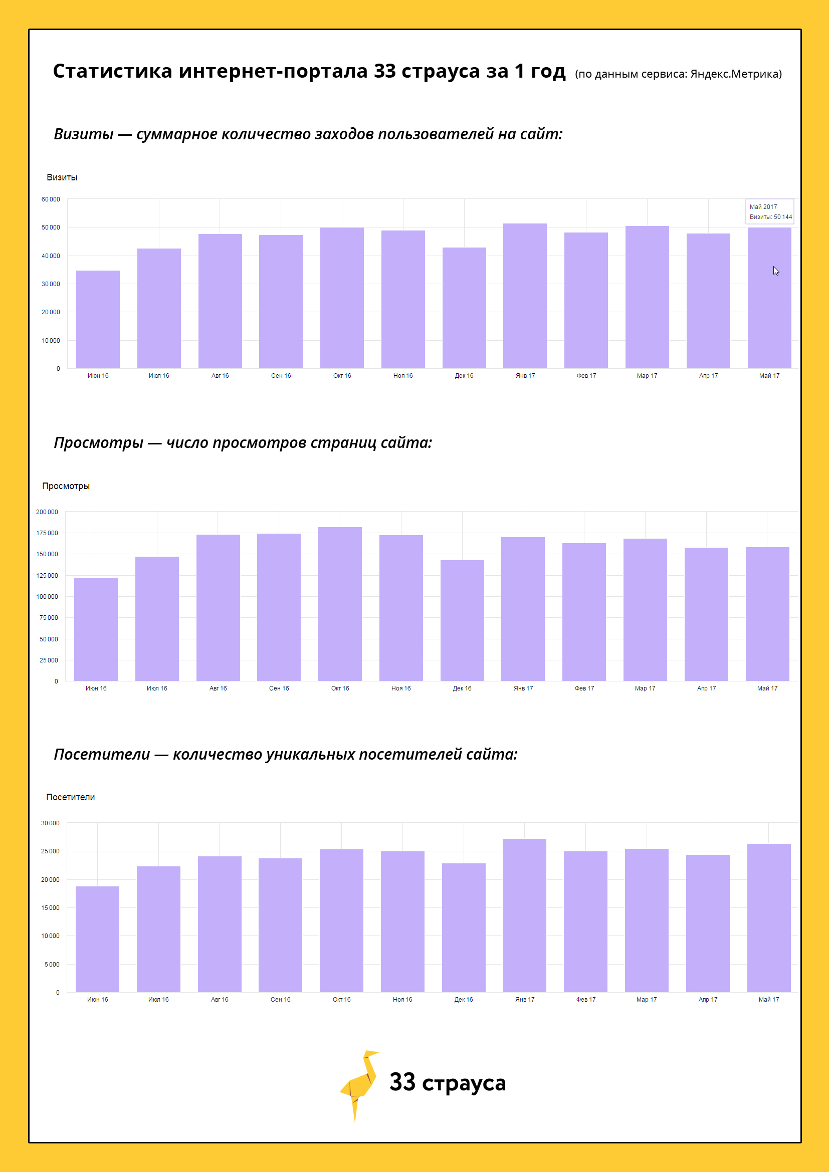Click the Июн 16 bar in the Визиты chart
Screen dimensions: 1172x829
click(98, 320)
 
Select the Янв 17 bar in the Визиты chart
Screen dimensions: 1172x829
click(525, 296)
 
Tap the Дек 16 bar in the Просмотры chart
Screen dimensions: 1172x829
click(462, 621)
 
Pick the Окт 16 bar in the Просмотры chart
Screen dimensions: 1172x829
click(340, 604)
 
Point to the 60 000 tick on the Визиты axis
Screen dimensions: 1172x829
click(51, 199)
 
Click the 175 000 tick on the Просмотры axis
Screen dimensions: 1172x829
click(47, 533)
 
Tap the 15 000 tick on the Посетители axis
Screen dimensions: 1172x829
click(50, 907)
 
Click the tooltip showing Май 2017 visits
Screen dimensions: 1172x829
click(770, 211)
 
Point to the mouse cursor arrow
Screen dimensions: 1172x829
click(775, 271)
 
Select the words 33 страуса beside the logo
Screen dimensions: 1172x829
click(447, 1083)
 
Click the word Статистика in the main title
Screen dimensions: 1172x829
click(113, 71)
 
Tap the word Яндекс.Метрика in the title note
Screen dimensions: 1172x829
click(735, 74)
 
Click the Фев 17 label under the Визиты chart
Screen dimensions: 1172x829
click(586, 376)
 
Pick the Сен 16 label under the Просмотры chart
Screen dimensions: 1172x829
click(279, 688)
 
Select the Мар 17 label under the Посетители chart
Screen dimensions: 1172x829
click(646, 1000)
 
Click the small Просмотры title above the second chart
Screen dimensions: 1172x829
click(66, 486)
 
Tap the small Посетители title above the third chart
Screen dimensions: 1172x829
click(71, 797)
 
